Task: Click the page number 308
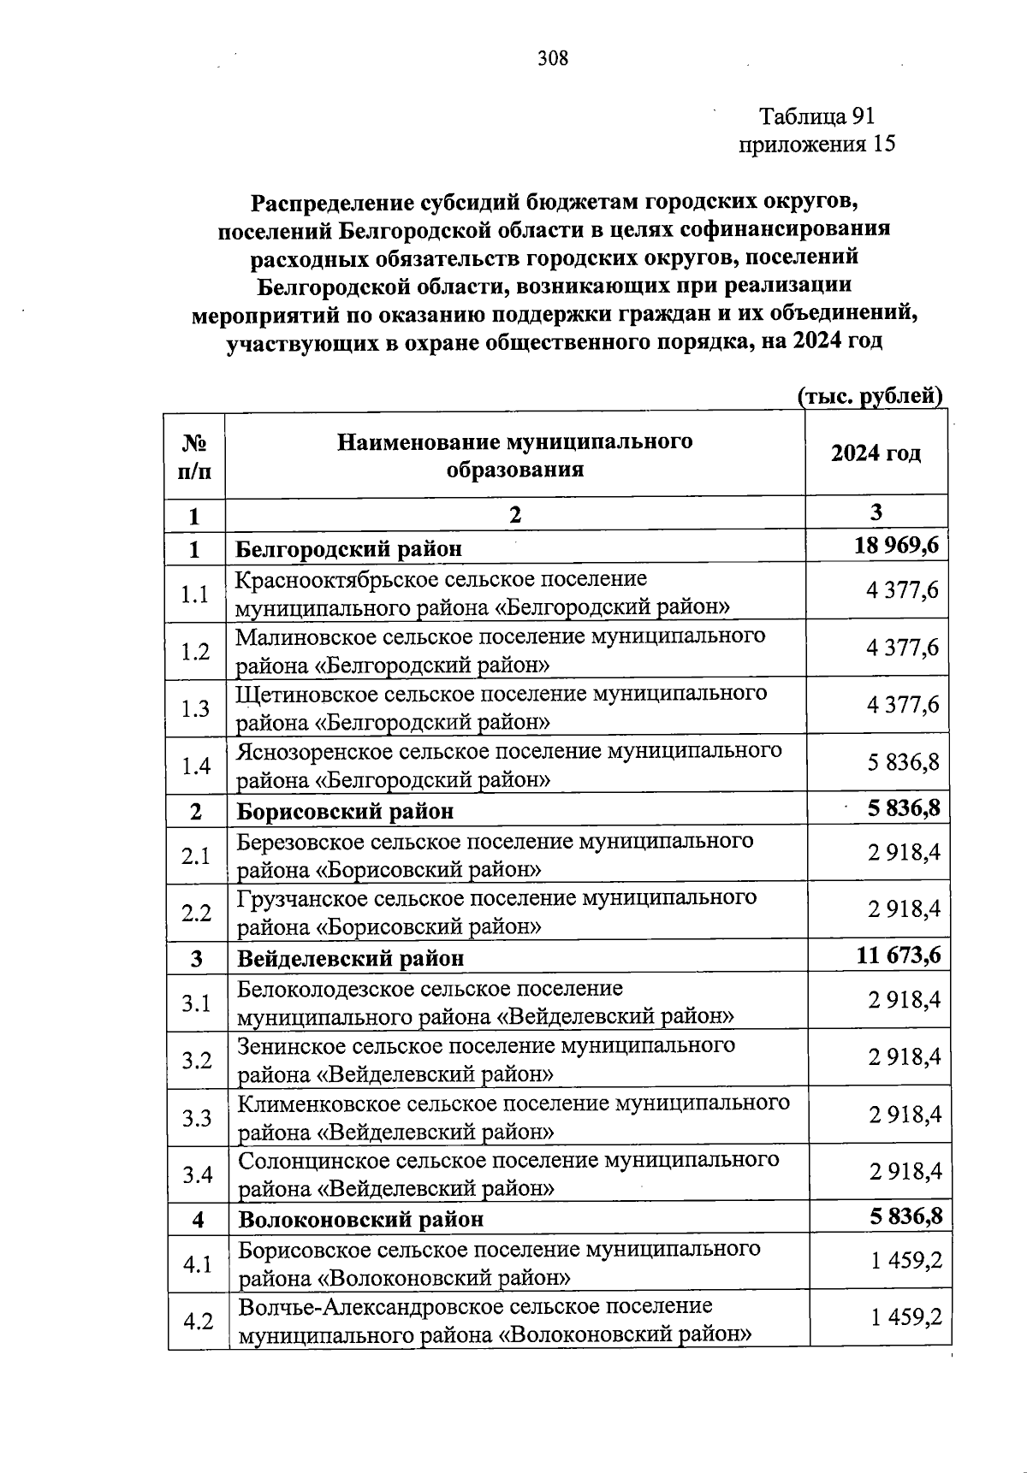click(553, 58)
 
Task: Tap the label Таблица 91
click(817, 116)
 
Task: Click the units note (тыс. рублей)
click(870, 396)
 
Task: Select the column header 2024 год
click(876, 453)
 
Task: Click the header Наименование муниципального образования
click(514, 455)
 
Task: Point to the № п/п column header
click(194, 455)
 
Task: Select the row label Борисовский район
click(345, 810)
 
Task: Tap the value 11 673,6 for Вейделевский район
click(898, 955)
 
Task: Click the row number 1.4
click(196, 765)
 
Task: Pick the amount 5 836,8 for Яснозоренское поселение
click(903, 761)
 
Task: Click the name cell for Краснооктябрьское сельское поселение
click(483, 593)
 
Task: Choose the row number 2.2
click(196, 912)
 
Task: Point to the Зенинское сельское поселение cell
click(486, 1059)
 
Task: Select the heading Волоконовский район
click(360, 1218)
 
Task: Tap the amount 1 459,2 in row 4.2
click(906, 1317)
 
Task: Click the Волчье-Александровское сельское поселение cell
click(496, 1320)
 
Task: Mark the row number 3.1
click(196, 1002)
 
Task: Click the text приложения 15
click(816, 144)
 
